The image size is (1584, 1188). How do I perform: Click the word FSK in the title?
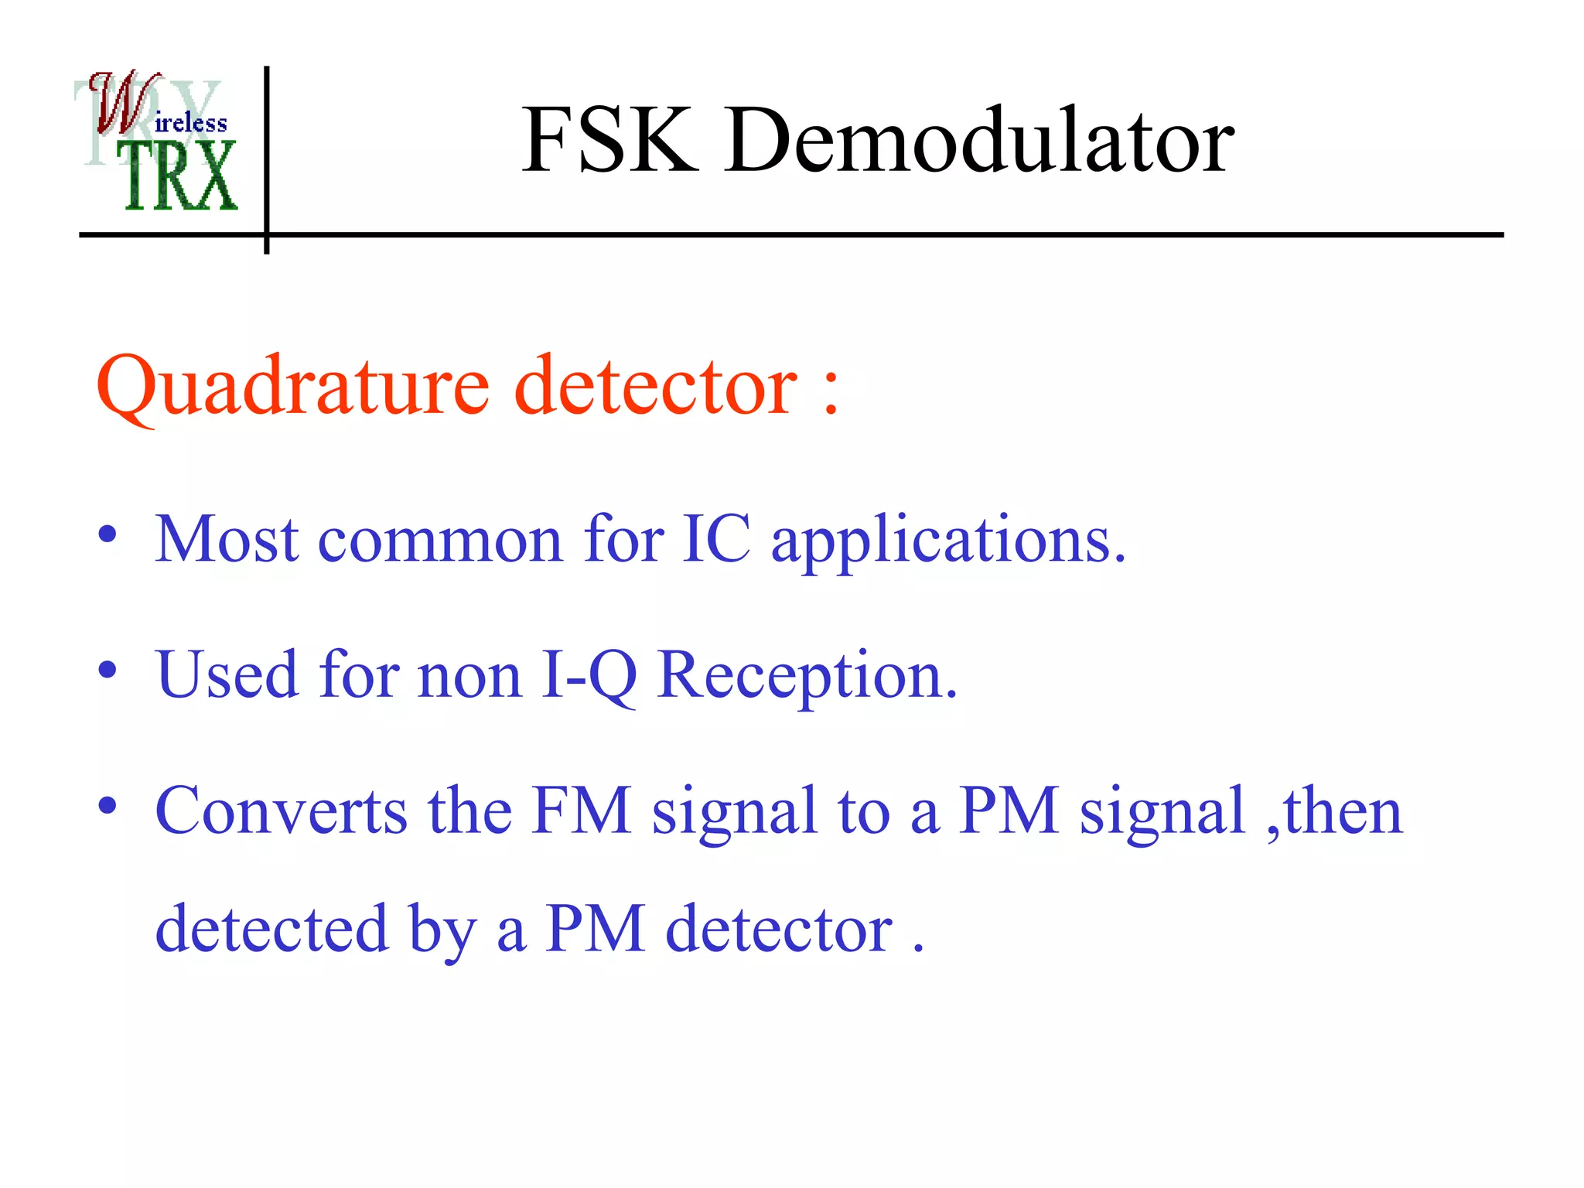click(x=609, y=141)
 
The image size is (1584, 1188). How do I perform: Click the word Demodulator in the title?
click(x=979, y=141)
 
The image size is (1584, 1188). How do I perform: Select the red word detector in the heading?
click(x=655, y=384)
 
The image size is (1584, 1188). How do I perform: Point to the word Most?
click(x=227, y=538)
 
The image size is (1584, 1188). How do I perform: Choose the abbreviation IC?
click(x=716, y=538)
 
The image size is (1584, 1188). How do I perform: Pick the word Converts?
click(x=281, y=811)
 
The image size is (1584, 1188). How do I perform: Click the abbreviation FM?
click(x=581, y=811)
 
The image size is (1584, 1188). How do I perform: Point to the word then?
click(x=1343, y=811)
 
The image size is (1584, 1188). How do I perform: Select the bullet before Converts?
click(x=108, y=805)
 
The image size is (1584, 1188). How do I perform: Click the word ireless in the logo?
click(x=191, y=123)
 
